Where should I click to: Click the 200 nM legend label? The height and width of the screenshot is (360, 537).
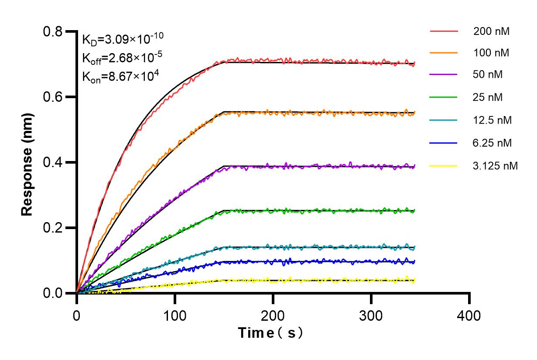(x=491, y=31)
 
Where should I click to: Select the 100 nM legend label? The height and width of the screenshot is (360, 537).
(x=491, y=53)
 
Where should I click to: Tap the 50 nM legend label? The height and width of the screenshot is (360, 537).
(x=488, y=75)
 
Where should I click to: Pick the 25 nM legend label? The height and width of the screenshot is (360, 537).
(x=488, y=97)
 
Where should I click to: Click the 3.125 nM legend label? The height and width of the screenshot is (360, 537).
(x=495, y=166)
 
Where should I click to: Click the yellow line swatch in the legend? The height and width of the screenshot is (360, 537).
(x=444, y=166)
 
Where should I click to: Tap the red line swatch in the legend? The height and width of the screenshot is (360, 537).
(x=444, y=31)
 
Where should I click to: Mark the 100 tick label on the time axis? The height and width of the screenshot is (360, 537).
(x=175, y=315)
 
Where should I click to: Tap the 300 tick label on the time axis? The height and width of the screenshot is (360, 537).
(x=371, y=315)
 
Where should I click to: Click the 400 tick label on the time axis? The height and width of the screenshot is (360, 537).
(x=469, y=315)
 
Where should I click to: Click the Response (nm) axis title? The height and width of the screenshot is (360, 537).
(x=28, y=162)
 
